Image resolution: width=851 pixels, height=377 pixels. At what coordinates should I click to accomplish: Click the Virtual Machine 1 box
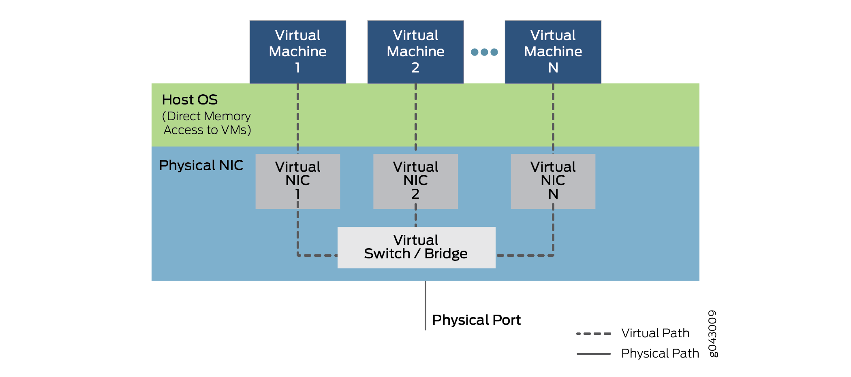coord(297,51)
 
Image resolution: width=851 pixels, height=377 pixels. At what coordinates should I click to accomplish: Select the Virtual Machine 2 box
coord(415,51)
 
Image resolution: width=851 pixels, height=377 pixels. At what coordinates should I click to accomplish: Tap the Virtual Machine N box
coord(553,51)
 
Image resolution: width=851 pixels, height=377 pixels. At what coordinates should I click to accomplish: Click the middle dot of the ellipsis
coord(484,52)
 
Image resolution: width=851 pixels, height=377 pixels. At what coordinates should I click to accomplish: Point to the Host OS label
coord(190,100)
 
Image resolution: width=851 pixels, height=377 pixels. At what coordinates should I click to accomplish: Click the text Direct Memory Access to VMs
coord(207,123)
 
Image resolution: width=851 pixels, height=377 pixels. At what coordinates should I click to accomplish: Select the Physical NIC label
coord(201,165)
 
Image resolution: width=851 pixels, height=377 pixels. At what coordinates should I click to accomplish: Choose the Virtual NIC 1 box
coord(297,181)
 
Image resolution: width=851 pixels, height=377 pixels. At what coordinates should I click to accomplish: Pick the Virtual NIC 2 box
coord(415,181)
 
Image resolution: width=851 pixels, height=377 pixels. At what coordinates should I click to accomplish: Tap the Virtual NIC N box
coord(553,181)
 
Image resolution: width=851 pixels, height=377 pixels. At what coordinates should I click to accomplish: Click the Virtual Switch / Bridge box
coord(416,247)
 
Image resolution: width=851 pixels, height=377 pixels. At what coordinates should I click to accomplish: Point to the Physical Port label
coord(476,320)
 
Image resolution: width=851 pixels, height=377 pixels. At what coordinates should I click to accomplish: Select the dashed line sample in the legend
coord(594,334)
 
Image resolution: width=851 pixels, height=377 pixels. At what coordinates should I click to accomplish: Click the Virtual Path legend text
coord(655,333)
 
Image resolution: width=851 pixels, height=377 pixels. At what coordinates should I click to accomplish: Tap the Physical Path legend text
coord(660,354)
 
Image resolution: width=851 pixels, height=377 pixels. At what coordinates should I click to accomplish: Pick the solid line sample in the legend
coord(594,354)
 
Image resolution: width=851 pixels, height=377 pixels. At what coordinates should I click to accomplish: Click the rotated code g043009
coord(712,334)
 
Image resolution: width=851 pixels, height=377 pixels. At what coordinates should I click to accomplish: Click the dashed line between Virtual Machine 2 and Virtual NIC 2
coord(416,117)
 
